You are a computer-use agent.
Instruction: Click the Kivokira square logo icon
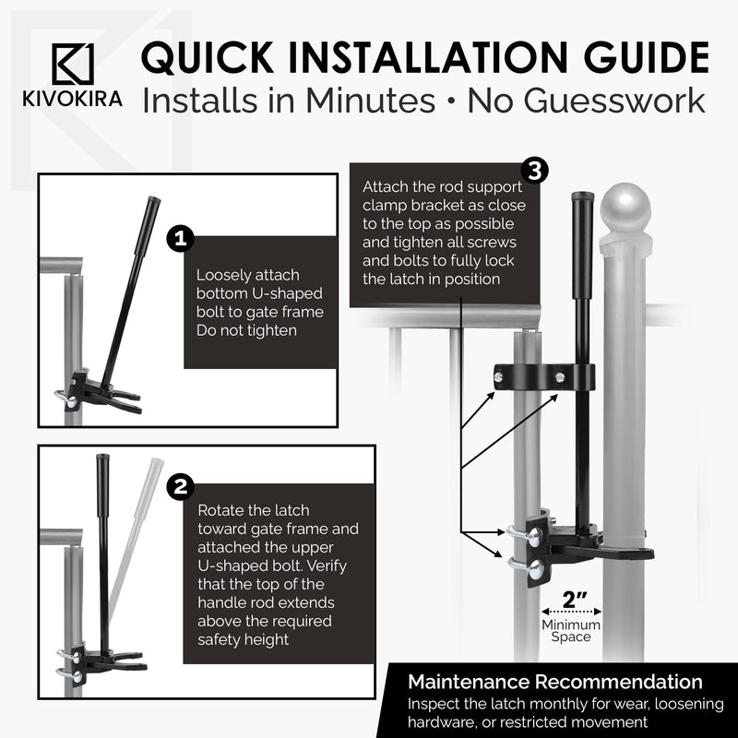click(x=73, y=64)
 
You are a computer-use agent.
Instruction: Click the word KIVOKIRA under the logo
click(x=73, y=100)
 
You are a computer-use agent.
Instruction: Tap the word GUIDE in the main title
click(x=647, y=57)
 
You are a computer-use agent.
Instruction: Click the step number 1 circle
click(x=180, y=239)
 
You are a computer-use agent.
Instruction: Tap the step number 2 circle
click(x=180, y=487)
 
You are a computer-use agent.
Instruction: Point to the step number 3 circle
click(x=535, y=172)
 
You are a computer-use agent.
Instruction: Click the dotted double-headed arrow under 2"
click(x=571, y=612)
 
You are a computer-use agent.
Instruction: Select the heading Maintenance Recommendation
click(x=555, y=682)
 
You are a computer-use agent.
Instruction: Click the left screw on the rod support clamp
click(x=499, y=376)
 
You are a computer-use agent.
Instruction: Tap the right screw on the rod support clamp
click(x=560, y=376)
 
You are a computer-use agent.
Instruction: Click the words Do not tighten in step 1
click(x=246, y=330)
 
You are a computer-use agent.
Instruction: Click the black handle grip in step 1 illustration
click(x=148, y=226)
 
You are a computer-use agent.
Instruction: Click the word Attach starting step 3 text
click(x=386, y=187)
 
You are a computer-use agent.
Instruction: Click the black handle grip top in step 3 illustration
click(x=582, y=244)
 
